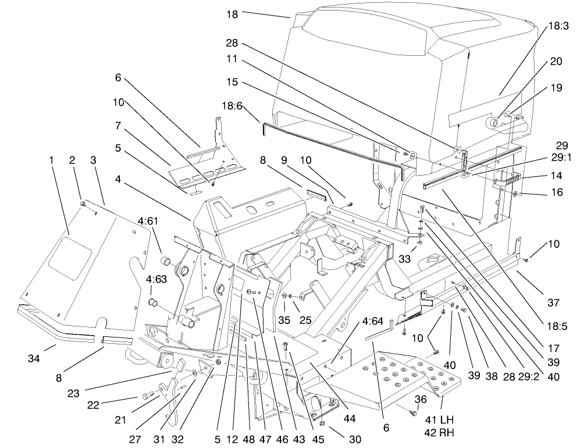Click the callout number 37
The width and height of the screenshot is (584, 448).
(x=553, y=303)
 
